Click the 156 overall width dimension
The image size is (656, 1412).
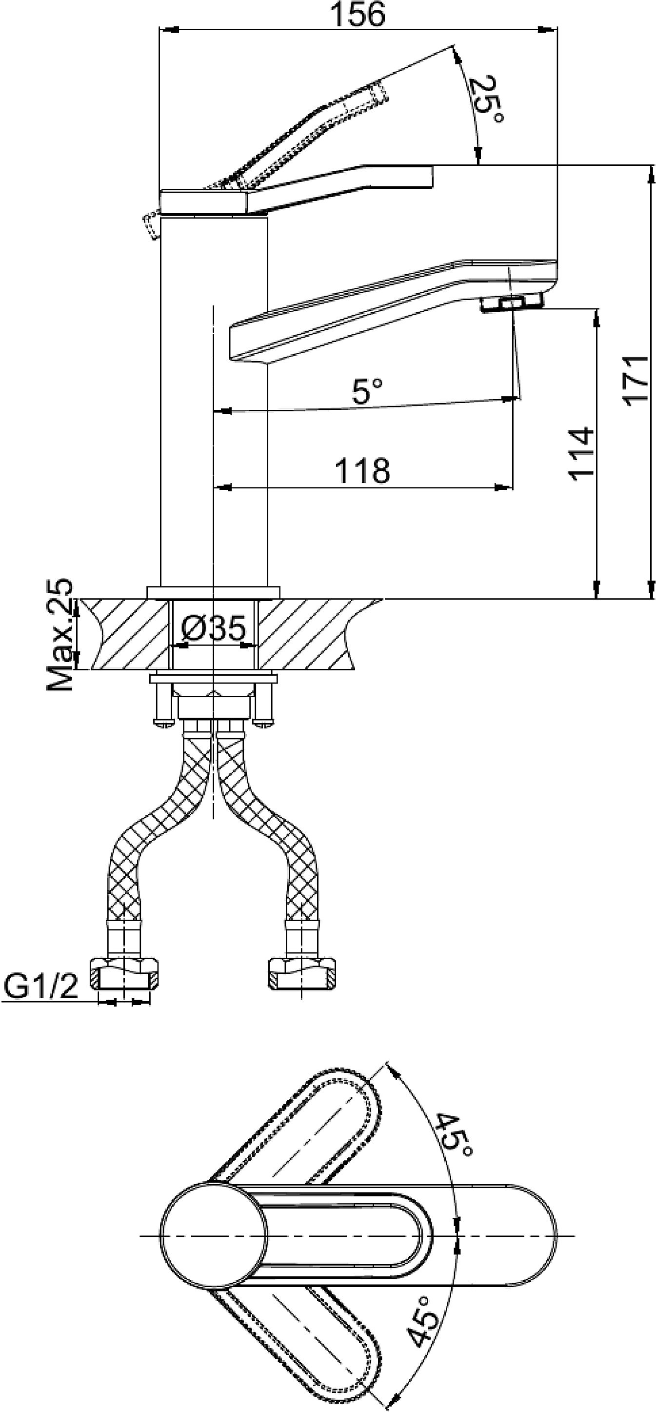point(359,15)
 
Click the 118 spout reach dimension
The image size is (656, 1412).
point(362,470)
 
